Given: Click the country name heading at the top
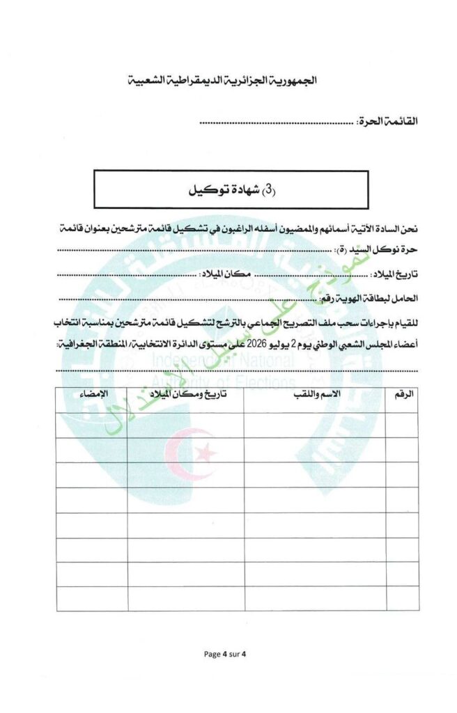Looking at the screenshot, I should click(228, 80).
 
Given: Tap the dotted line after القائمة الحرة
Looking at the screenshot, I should click(277, 123).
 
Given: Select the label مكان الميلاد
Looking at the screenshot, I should click(225, 274).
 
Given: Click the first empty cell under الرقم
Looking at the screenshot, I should click(402, 425).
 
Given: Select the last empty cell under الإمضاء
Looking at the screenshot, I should click(92, 598).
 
